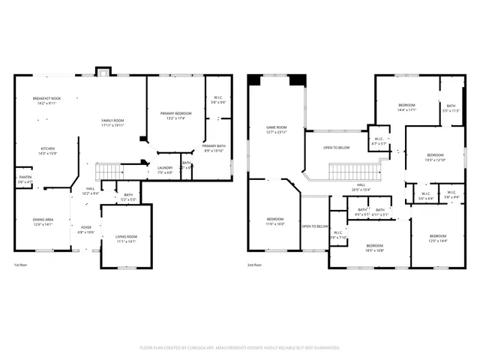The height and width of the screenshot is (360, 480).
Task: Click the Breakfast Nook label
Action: coord(46,100)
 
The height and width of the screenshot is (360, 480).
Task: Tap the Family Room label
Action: coord(113,123)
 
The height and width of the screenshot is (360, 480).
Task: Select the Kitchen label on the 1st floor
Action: coord(47,151)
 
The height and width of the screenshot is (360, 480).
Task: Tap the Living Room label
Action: coord(125,239)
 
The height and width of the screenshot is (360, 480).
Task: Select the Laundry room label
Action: coord(165,169)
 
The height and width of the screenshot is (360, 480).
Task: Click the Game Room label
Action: coord(277,130)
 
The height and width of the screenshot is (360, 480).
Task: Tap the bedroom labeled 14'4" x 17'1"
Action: coord(406,106)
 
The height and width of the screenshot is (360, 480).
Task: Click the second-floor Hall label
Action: coord(361,187)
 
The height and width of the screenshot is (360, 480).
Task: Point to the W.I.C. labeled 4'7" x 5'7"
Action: coord(378,141)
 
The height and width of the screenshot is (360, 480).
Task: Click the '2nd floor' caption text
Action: coord(255,265)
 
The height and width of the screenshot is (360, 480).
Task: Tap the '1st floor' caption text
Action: coord(21,265)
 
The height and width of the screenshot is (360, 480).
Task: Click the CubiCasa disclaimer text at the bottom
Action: coord(240,347)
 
